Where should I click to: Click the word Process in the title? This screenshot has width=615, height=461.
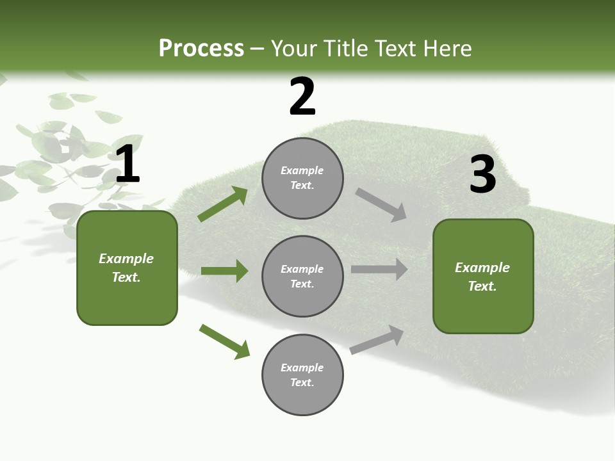pyautogui.click(x=201, y=49)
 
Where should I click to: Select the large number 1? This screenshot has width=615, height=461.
pyautogui.click(x=127, y=165)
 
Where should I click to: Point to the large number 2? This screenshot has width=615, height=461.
pyautogui.click(x=302, y=97)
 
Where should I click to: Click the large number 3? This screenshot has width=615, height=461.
pyautogui.click(x=482, y=175)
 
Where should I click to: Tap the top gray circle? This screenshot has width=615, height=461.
pyautogui.click(x=302, y=178)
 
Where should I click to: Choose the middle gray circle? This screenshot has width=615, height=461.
pyautogui.click(x=302, y=276)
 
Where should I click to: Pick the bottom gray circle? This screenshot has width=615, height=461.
pyautogui.click(x=302, y=375)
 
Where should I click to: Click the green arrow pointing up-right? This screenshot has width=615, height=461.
pyautogui.click(x=223, y=204)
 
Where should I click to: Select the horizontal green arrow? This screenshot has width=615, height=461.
pyautogui.click(x=224, y=271)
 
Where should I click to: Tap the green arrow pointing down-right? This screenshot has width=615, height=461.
pyautogui.click(x=225, y=341)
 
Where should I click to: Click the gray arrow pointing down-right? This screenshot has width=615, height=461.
pyautogui.click(x=381, y=205)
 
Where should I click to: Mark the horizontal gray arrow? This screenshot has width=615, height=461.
pyautogui.click(x=379, y=269)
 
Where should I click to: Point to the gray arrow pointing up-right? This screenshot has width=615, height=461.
pyautogui.click(x=377, y=339)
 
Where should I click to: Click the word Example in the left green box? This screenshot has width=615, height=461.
pyautogui.click(x=126, y=259)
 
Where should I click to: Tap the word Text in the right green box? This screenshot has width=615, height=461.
pyautogui.click(x=482, y=286)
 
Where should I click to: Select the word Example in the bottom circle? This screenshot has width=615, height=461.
pyautogui.click(x=302, y=368)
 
